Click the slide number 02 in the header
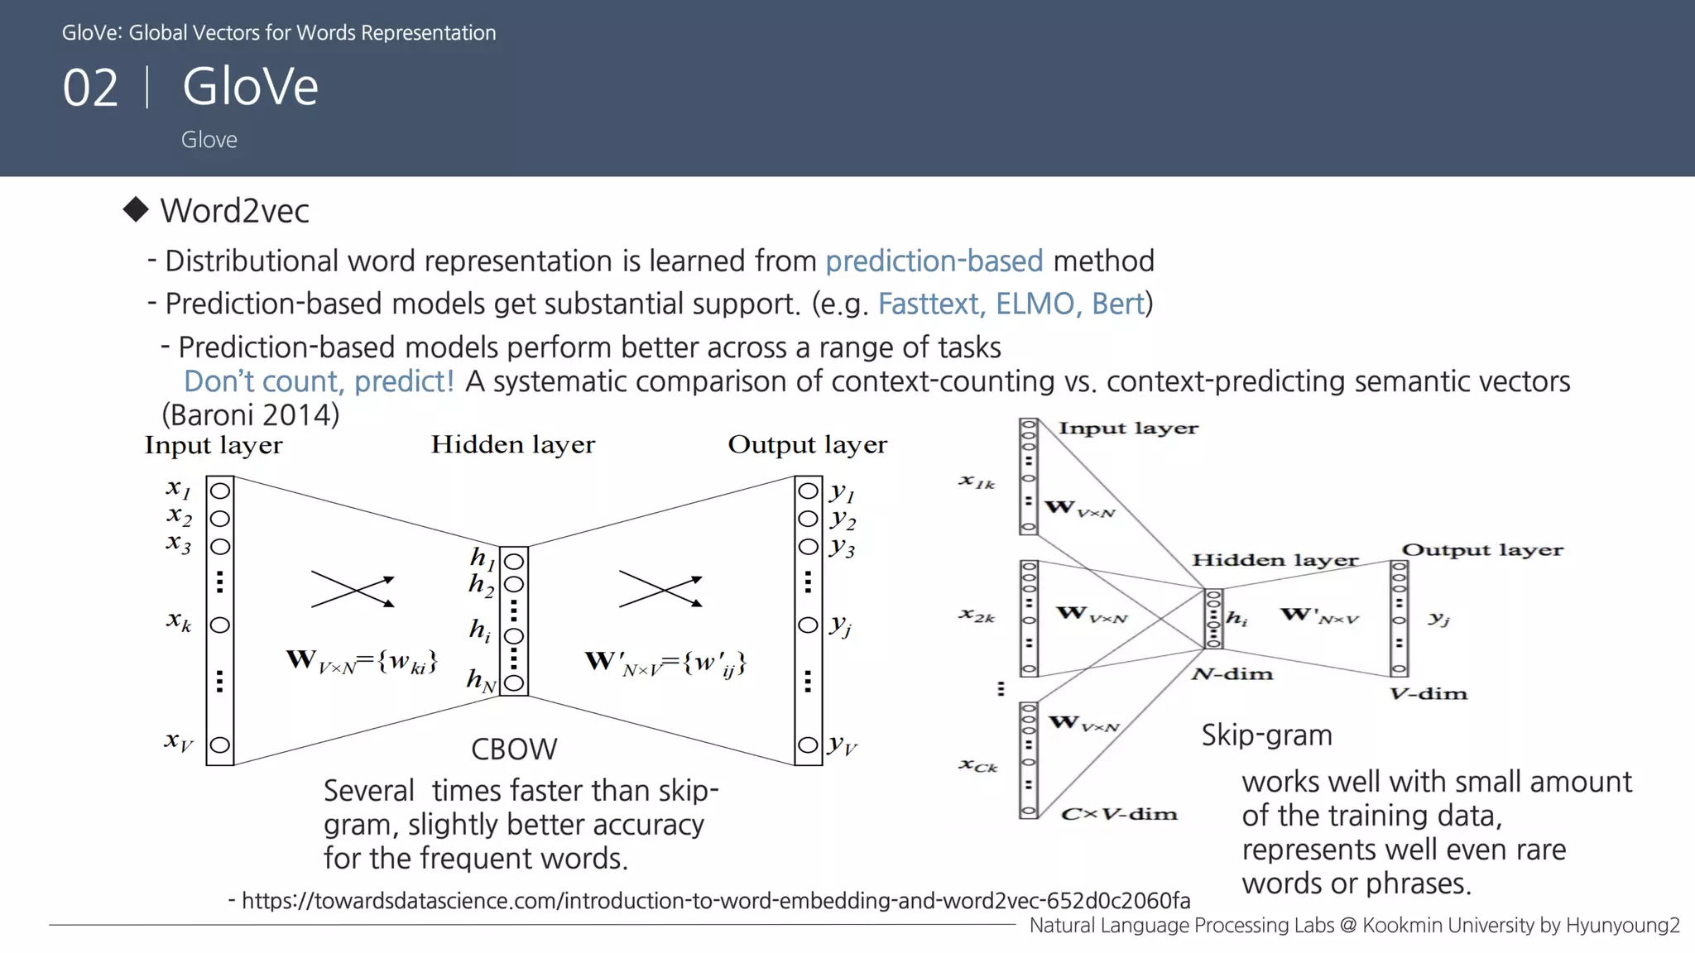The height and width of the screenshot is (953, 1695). pyautogui.click(x=90, y=88)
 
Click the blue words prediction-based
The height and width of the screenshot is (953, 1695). pyautogui.click(x=934, y=261)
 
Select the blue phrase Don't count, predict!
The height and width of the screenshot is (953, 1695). pyautogui.click(x=319, y=381)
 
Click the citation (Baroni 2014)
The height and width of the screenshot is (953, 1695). pyautogui.click(x=250, y=414)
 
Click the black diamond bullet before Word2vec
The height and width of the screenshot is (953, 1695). pyautogui.click(x=136, y=209)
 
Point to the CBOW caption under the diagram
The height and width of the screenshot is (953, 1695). pyautogui.click(x=514, y=749)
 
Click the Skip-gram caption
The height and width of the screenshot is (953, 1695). pyautogui.click(x=1266, y=735)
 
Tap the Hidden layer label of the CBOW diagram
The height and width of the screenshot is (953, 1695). pyautogui.click(x=512, y=445)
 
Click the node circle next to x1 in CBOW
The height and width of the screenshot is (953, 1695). pyautogui.click(x=220, y=491)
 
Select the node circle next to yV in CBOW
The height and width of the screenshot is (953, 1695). pyautogui.click(x=808, y=745)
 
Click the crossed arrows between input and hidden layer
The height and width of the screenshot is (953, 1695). pyautogui.click(x=353, y=590)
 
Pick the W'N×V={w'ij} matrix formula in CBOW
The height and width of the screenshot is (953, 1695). pyautogui.click(x=665, y=663)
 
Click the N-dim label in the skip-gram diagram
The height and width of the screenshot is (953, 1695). pyautogui.click(x=1232, y=674)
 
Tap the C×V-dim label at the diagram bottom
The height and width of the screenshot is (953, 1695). pyautogui.click(x=1119, y=814)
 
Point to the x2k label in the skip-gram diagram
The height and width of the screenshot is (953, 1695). pyautogui.click(x=977, y=615)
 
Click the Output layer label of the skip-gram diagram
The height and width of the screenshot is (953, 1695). pyautogui.click(x=1482, y=550)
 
